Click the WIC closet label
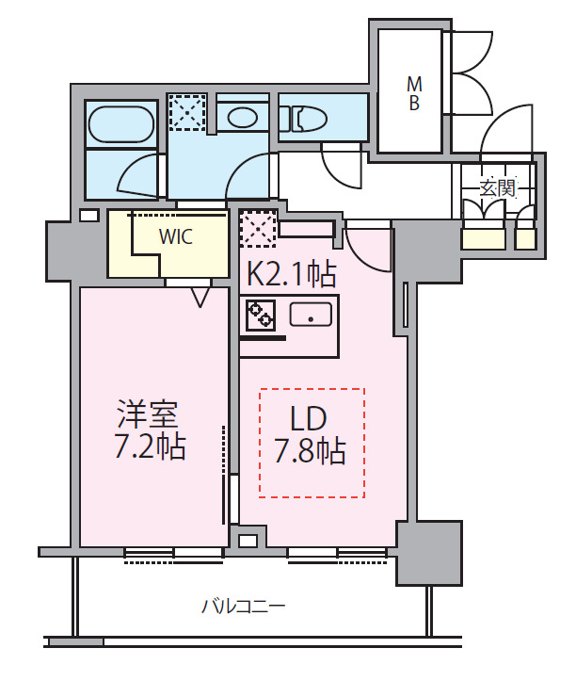point(175,237)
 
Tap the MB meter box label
point(413,93)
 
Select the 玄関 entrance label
point(498,186)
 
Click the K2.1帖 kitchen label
point(291,274)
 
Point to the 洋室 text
point(148,413)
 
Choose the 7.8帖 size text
point(310,451)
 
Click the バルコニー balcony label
point(243,606)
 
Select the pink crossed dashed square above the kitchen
point(258,228)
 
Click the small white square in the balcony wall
point(247,542)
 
